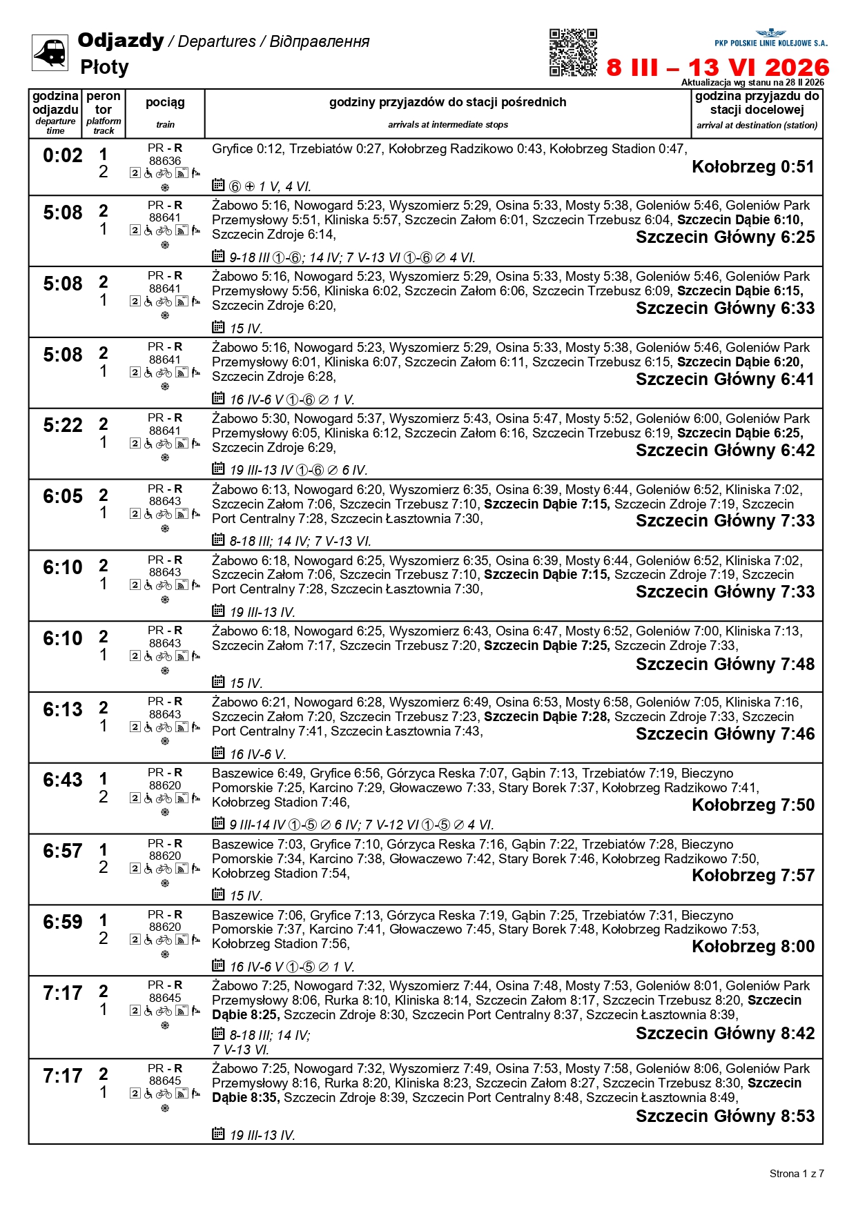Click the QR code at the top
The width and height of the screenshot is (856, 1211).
click(x=573, y=52)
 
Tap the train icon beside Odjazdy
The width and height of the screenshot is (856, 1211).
click(x=50, y=52)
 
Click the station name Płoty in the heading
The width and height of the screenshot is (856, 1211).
click(x=104, y=68)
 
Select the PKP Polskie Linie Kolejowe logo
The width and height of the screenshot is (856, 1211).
click(x=770, y=38)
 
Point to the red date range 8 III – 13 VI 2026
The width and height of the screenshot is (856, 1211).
click(x=718, y=68)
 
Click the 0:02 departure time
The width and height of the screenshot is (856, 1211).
click(x=63, y=156)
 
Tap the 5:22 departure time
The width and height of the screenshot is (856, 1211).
click(x=63, y=426)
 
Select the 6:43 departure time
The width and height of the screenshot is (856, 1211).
click(x=63, y=780)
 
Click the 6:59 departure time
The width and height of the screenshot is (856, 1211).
click(x=63, y=923)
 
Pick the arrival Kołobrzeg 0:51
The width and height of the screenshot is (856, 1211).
click(x=753, y=167)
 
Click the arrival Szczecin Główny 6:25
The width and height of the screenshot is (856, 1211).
click(x=725, y=237)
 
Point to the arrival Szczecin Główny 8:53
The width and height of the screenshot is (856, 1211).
click(x=725, y=1116)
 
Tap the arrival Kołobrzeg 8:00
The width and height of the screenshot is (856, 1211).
click(x=753, y=947)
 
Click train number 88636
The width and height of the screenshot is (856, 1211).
click(x=165, y=161)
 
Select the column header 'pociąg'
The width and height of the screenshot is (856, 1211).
click(x=165, y=103)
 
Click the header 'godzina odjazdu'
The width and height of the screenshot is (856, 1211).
click(x=55, y=103)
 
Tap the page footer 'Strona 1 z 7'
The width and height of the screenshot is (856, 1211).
click(x=797, y=1174)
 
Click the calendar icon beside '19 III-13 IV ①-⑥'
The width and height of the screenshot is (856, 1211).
click(x=218, y=469)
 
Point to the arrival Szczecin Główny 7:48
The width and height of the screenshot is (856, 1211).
click(x=725, y=664)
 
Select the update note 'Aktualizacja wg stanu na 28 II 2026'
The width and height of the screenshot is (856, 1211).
click(x=752, y=83)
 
